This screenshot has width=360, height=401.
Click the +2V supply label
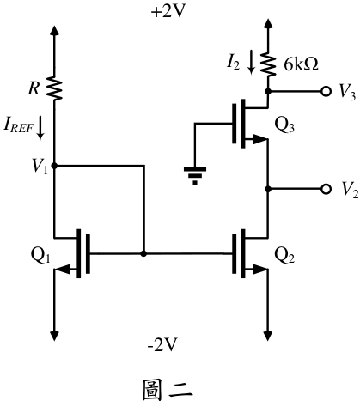click(x=168, y=12)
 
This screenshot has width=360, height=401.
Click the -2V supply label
click(x=162, y=344)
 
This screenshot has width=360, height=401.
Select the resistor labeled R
click(x=55, y=88)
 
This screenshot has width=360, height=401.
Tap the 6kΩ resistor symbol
click(x=268, y=64)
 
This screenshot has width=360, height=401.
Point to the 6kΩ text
click(x=301, y=64)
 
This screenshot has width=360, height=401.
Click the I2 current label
click(x=233, y=63)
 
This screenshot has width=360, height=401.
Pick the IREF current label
click(x=18, y=125)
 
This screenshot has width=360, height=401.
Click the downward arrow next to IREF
click(x=40, y=128)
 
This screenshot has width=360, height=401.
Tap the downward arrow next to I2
click(x=251, y=62)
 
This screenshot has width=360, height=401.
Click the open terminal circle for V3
click(x=326, y=91)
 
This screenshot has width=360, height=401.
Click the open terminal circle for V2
click(x=326, y=189)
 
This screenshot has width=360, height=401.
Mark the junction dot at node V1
click(x=54, y=166)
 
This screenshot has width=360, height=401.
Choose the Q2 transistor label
click(x=284, y=255)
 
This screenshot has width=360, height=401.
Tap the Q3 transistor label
click(x=284, y=125)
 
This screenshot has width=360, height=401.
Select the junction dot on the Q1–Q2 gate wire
click(x=143, y=253)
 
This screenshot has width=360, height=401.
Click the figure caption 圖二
click(x=168, y=390)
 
